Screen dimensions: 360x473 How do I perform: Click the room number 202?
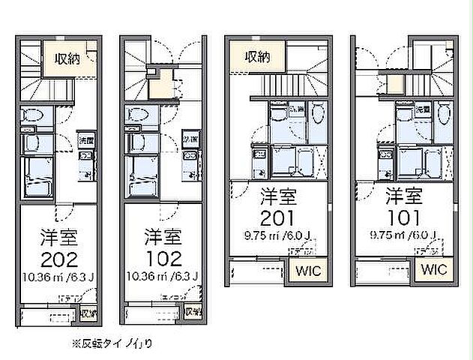pos(57,259)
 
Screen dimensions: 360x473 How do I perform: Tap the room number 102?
pos(162,259)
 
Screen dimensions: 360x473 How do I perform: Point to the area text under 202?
pos(57,280)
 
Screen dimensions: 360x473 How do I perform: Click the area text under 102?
pos(162,280)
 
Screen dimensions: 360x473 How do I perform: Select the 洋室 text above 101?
pos(404,198)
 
